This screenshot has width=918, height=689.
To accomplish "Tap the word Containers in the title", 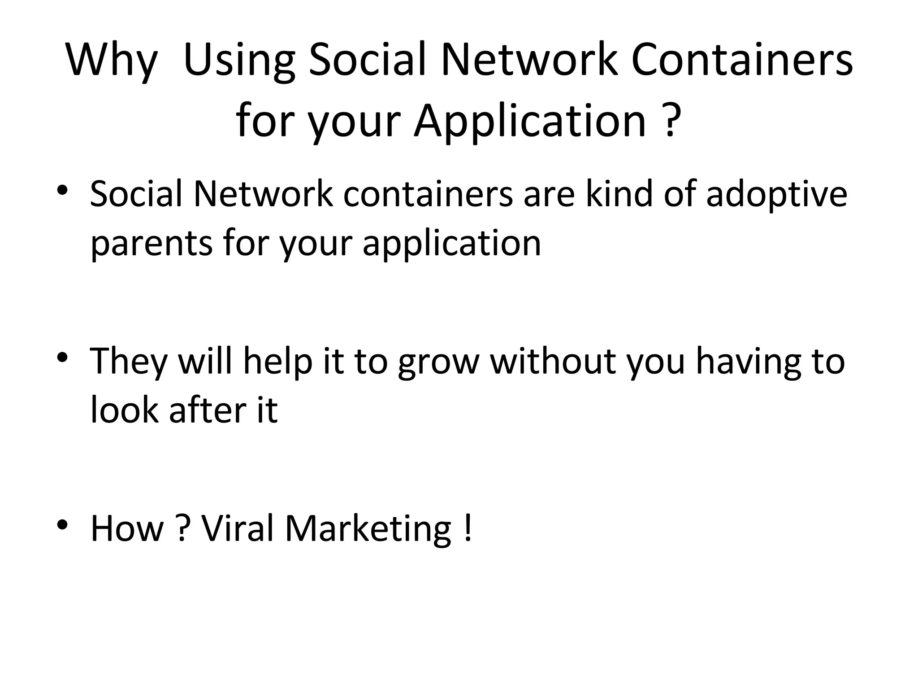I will pos(742,59).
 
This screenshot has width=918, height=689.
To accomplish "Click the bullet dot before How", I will pos(62,524).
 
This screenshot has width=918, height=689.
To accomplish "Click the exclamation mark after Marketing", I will pos(468,528).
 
